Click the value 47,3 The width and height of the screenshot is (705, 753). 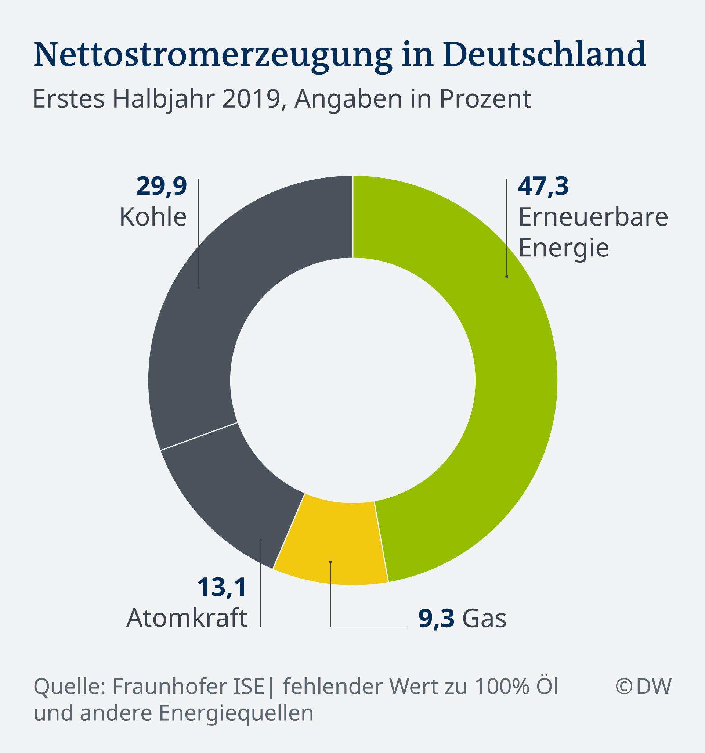pos(543,186)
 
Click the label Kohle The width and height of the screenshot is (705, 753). pos(153,217)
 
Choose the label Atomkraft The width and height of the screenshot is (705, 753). pos(187,618)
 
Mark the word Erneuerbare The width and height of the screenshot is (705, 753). pos(593,217)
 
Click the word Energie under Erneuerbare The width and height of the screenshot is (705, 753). pos(563,248)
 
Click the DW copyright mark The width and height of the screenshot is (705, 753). pos(643,687)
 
